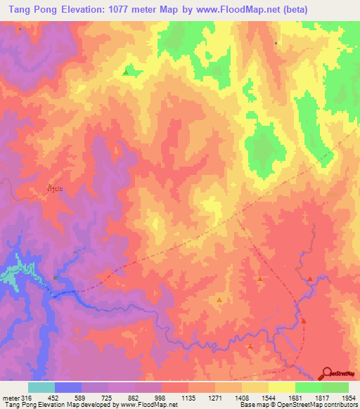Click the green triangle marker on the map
click(x=126, y=72)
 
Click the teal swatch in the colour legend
click(x=41, y=387)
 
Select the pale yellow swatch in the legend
click(x=281, y=387)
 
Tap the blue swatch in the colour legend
click(x=67, y=387)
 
